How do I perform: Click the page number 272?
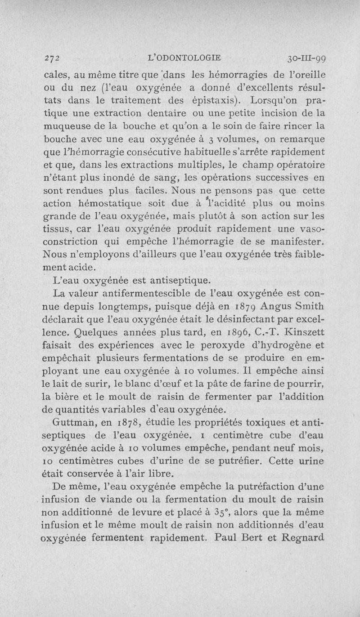tap(53, 58)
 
